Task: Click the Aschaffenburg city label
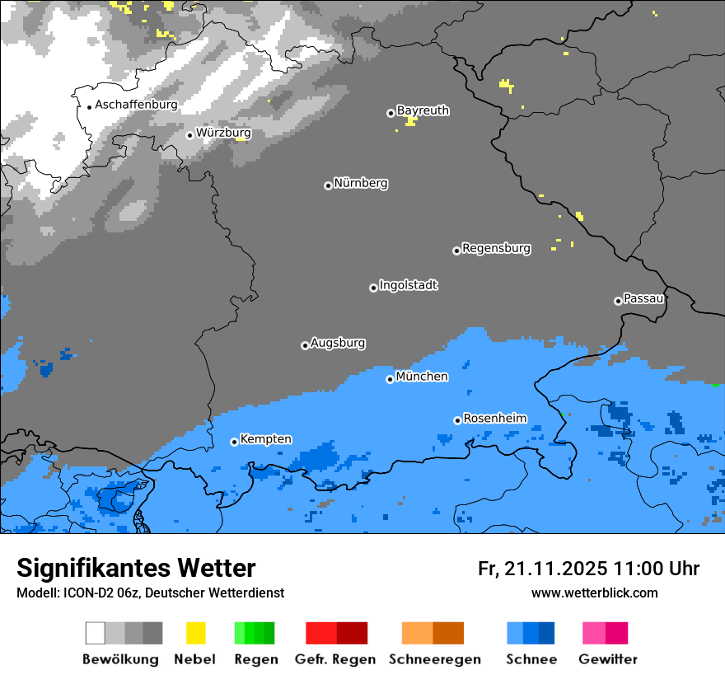pyautogui.click(x=136, y=105)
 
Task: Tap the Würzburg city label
pyautogui.click(x=223, y=133)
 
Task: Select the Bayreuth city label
pyautogui.click(x=423, y=110)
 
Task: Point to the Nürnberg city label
pyautogui.click(x=361, y=183)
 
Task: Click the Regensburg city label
pyautogui.click(x=496, y=248)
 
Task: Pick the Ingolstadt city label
pyautogui.click(x=409, y=285)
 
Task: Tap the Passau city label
pyautogui.click(x=644, y=298)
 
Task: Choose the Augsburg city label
pyautogui.click(x=338, y=343)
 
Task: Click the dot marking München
pyautogui.click(x=390, y=379)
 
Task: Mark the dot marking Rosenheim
pyautogui.click(x=457, y=420)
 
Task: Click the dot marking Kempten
pyautogui.click(x=234, y=442)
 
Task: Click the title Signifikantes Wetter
pyautogui.click(x=136, y=568)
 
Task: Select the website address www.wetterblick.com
pyautogui.click(x=594, y=593)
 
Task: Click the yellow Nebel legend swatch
pyautogui.click(x=195, y=633)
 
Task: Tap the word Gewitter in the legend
pyautogui.click(x=607, y=659)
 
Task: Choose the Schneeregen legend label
pyautogui.click(x=434, y=659)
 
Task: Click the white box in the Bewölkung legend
pyautogui.click(x=96, y=633)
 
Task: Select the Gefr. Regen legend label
pyautogui.click(x=335, y=659)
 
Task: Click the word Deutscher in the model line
pyautogui.click(x=199, y=593)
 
